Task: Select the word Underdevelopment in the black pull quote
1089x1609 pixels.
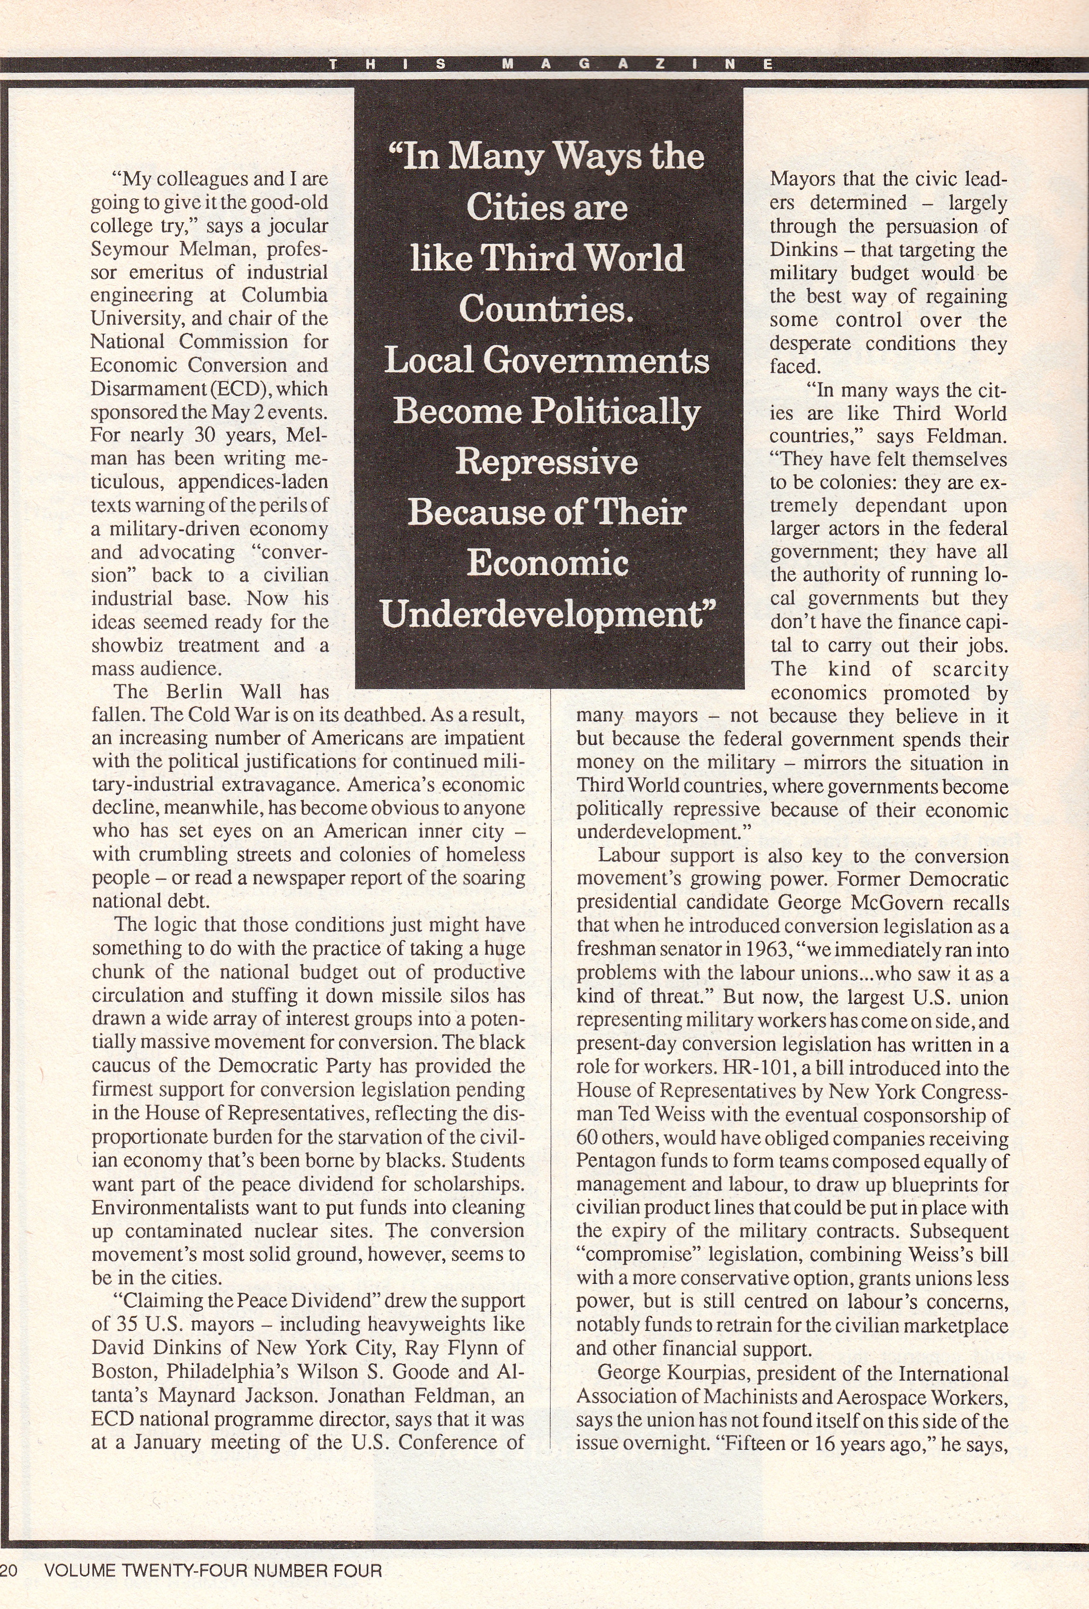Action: click(547, 614)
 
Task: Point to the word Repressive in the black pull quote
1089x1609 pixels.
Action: click(547, 462)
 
